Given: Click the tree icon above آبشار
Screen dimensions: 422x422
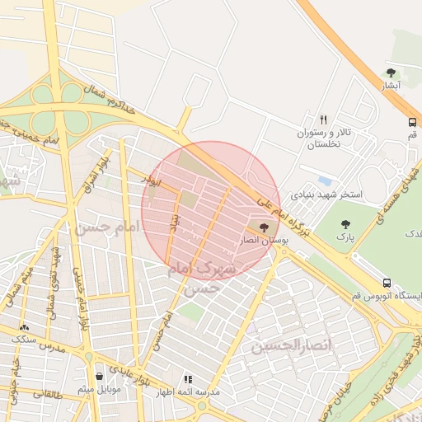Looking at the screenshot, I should coord(391,73).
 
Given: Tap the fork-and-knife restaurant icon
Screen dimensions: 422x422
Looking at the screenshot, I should coord(323,120).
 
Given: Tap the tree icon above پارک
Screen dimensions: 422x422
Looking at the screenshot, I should coord(345,223).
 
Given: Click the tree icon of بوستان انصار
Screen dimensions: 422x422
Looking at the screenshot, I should coord(264,227).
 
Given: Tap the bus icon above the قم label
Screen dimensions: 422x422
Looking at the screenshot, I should coord(412,122).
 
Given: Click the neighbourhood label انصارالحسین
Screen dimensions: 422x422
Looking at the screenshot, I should coord(295,345).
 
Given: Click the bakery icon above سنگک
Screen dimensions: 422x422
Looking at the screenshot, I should coord(23,327).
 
